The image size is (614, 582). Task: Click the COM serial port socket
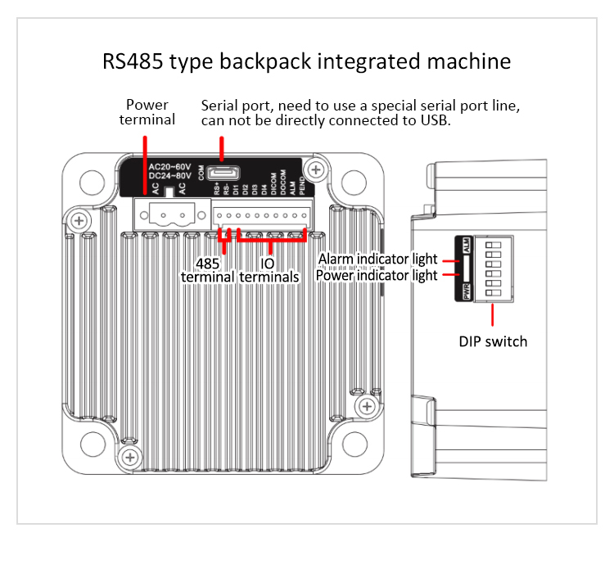point(220,174)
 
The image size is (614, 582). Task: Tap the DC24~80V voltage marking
point(169,175)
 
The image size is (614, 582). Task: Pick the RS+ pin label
point(217,188)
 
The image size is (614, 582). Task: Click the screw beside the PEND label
point(318,170)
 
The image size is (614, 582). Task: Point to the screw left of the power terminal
point(78,220)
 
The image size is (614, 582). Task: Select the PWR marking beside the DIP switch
point(467,291)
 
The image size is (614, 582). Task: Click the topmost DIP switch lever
point(494,245)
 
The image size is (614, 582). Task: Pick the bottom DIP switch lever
point(494,293)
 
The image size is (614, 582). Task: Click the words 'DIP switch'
point(493,341)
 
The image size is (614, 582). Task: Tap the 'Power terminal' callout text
point(147,112)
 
